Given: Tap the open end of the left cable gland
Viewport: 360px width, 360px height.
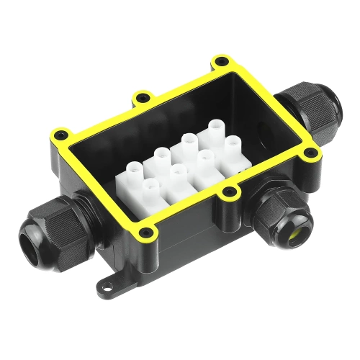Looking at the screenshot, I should click(30, 248).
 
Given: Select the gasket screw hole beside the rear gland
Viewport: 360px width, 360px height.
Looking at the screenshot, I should click(310, 153).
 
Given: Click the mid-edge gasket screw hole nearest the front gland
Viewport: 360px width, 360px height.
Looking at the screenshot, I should click(229, 192).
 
